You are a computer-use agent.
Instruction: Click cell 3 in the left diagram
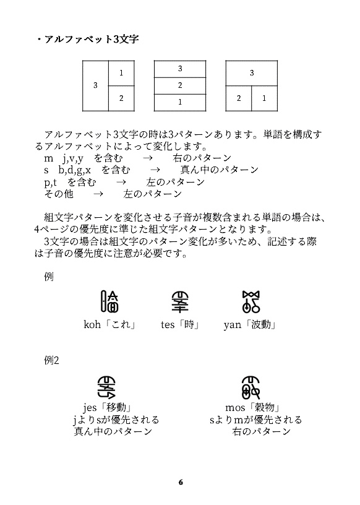coord(95,85)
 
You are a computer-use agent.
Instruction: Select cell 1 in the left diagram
coord(121,73)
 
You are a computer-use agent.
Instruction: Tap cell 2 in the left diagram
coord(121,98)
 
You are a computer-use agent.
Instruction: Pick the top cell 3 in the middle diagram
coord(180,69)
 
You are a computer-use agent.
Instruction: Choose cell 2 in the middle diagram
coord(180,85)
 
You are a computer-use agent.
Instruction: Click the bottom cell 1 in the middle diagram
coord(180,101)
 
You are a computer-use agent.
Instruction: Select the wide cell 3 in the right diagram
coord(252,73)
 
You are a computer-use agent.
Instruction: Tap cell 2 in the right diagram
coord(239,98)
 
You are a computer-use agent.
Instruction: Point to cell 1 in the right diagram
coord(264,98)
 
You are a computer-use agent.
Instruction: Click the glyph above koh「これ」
coord(110,301)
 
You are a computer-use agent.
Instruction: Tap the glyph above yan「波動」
coord(250,301)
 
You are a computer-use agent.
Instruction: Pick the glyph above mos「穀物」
coord(254,387)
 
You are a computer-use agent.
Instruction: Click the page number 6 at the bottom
coord(180,481)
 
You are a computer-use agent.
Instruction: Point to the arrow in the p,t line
coord(121,182)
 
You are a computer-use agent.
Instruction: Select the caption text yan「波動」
coord(249,324)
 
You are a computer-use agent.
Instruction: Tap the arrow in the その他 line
coord(98,194)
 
